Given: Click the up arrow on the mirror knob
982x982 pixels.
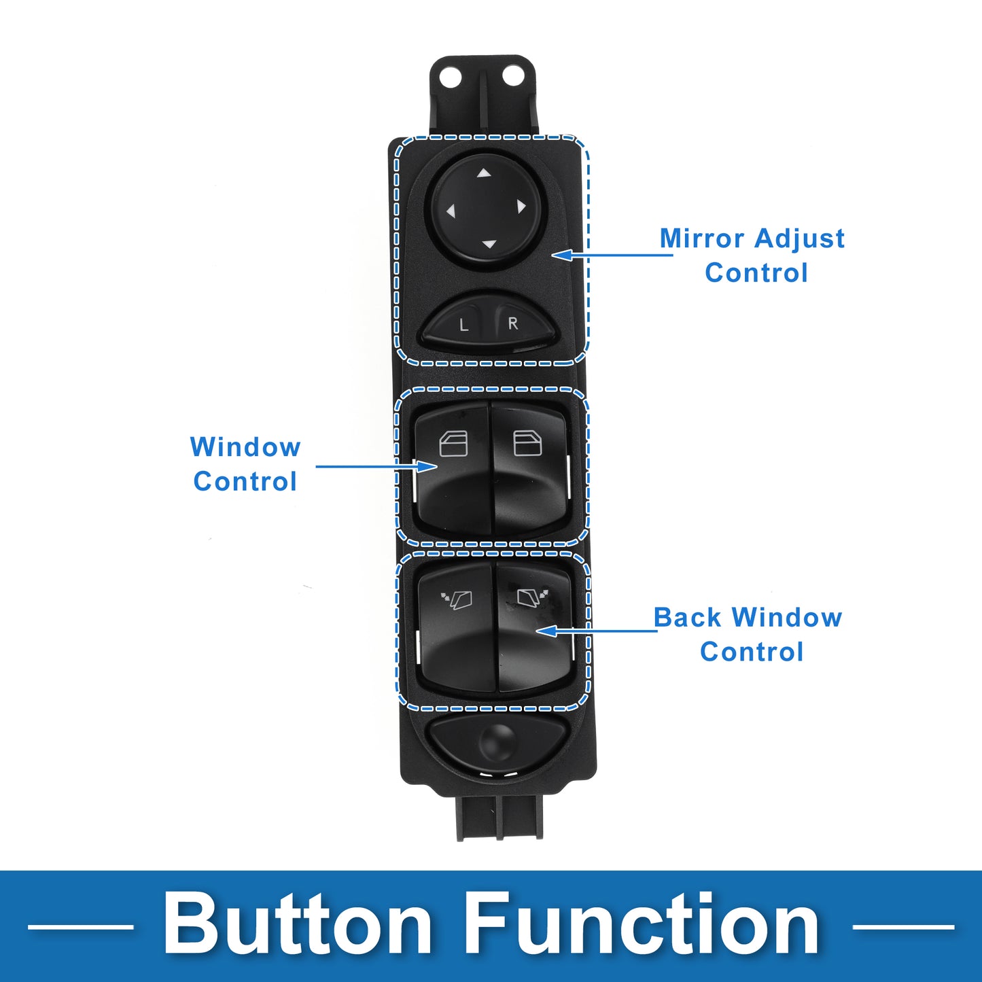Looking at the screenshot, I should pyautogui.click(x=483, y=173).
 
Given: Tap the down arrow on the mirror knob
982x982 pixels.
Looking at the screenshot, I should pyautogui.click(x=489, y=243).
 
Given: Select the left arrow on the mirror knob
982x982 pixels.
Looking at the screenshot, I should pyautogui.click(x=451, y=211).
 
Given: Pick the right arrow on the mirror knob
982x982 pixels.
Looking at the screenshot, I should pyautogui.click(x=521, y=206).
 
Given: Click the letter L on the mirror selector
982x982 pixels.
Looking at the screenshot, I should pyautogui.click(x=463, y=326).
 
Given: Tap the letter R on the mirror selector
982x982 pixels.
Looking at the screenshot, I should pyautogui.click(x=513, y=323).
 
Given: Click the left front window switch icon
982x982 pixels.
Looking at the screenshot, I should pyautogui.click(x=453, y=444).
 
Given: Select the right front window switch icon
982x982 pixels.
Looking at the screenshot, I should pyautogui.click(x=527, y=443).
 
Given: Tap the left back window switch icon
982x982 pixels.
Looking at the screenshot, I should pyautogui.click(x=457, y=599).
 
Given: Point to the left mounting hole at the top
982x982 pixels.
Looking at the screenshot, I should pyautogui.click(x=450, y=77).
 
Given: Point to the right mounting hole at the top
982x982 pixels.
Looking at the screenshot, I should pyautogui.click(x=513, y=75).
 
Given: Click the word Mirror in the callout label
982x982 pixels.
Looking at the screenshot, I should pyautogui.click(x=702, y=239).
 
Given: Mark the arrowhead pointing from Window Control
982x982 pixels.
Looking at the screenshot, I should pyautogui.click(x=428, y=466).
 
